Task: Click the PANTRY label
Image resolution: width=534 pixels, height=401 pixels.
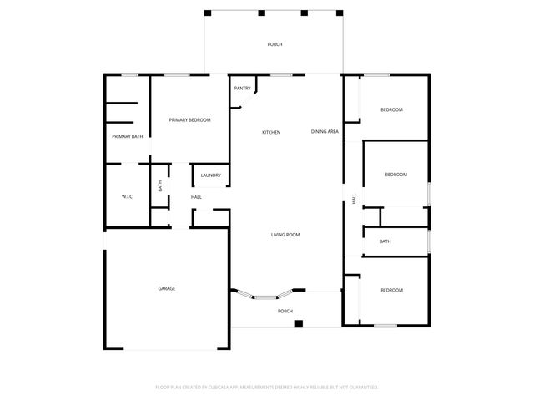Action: (x=243, y=88)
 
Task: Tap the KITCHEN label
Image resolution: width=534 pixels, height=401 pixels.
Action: (x=271, y=132)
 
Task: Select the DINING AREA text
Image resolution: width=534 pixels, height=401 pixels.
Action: (x=325, y=131)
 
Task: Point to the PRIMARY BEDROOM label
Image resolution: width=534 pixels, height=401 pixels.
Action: (x=189, y=120)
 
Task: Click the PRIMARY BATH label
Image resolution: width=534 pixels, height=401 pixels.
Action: (x=127, y=136)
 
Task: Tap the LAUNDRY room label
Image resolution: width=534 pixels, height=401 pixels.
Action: (x=210, y=175)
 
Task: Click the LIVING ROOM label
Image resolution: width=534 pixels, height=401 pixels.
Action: (x=285, y=235)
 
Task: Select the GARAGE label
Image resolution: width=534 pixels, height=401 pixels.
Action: (x=167, y=288)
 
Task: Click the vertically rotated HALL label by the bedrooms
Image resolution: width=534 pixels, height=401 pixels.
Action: (x=354, y=199)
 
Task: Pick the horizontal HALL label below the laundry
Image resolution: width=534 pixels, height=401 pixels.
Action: (x=196, y=197)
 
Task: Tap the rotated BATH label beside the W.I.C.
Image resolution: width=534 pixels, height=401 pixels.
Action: (x=160, y=186)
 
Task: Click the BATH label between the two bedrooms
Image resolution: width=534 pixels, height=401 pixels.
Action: (x=385, y=241)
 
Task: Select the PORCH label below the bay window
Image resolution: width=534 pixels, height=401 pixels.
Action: (x=285, y=311)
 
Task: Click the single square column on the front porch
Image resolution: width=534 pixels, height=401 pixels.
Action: (x=298, y=323)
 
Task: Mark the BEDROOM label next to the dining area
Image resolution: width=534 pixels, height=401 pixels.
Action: (x=391, y=110)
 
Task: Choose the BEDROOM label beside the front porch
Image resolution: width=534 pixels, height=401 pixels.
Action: (x=391, y=290)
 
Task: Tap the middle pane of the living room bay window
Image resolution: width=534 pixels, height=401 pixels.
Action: (x=266, y=297)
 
